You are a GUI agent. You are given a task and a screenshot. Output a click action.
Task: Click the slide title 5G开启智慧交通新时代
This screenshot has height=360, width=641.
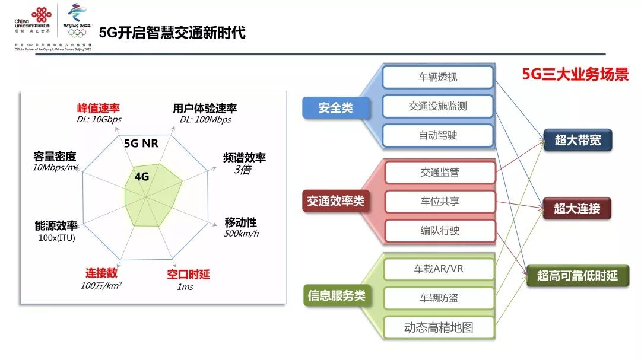172,32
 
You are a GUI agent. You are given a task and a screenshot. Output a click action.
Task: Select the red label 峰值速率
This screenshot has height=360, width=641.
99,109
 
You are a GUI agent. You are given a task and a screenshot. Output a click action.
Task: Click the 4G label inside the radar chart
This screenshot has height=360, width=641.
142,176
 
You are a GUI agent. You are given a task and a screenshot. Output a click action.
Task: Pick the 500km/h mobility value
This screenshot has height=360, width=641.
241,233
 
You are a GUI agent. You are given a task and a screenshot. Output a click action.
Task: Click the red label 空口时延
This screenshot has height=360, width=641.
188,274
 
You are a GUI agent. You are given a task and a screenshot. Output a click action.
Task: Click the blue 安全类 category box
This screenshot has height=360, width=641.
335,108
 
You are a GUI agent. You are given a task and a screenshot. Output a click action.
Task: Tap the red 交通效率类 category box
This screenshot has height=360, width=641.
335,201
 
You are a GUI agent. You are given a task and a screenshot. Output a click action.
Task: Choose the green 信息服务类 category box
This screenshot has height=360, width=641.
336,295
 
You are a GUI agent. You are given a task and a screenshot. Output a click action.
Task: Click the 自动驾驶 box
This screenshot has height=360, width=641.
438,135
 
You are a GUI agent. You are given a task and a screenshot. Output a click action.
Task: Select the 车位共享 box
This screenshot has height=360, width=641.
440,201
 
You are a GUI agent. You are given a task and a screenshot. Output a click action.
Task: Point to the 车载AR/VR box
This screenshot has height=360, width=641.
439,269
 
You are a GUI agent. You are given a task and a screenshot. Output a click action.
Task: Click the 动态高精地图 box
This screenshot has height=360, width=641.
439,327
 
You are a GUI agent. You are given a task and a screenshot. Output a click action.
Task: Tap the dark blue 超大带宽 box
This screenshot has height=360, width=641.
577,141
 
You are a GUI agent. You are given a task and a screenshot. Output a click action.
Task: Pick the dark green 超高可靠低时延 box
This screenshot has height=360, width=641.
577,276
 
